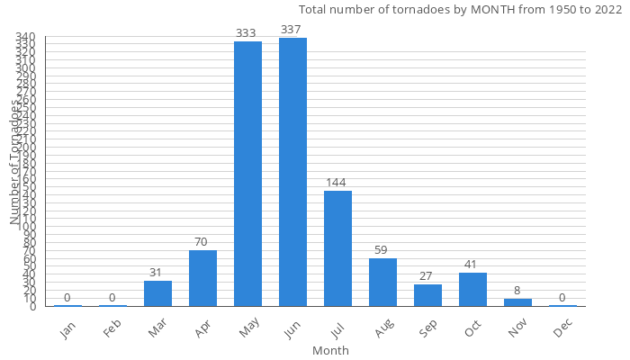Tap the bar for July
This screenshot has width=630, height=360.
pyautogui.click(x=337, y=248)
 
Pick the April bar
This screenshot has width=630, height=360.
pyautogui.click(x=202, y=278)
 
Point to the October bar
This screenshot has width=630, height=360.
pyautogui.click(x=472, y=290)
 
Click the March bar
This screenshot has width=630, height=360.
pyautogui.click(x=157, y=293)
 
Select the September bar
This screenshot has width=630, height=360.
pyautogui.click(x=427, y=295)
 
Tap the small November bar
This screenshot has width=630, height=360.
pyautogui.click(x=517, y=302)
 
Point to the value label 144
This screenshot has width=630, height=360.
pyautogui.click(x=337, y=183)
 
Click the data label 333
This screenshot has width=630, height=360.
pyautogui.click(x=247, y=33)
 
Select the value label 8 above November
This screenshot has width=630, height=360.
pyautogui.click(x=517, y=291)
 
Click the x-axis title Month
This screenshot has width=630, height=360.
pyautogui.click(x=330, y=350)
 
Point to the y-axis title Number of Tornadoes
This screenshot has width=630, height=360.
pyautogui.click(x=15, y=162)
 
